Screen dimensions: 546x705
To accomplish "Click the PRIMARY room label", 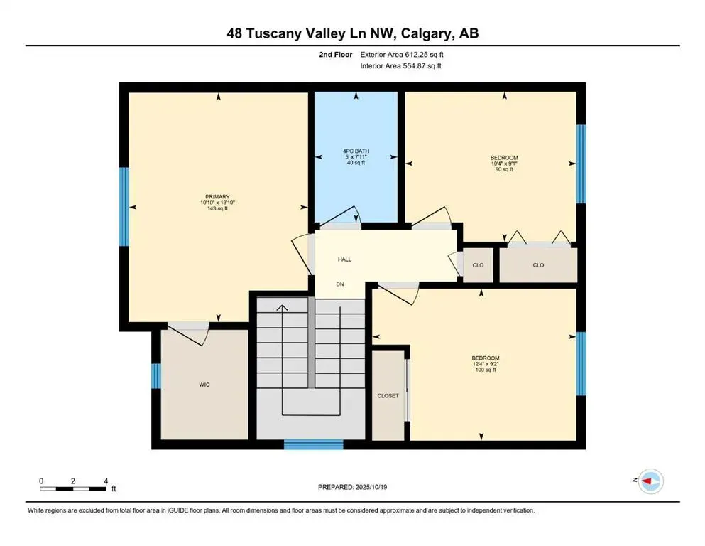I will (x=217, y=196).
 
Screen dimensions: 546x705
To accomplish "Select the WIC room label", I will (x=204, y=385).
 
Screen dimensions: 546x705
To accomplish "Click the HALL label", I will (x=344, y=259).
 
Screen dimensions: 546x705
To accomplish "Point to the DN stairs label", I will (x=340, y=284).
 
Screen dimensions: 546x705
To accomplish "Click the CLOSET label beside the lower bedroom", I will (x=388, y=396).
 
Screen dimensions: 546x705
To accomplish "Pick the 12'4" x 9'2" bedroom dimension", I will (x=486, y=365).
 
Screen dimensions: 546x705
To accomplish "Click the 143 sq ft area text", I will (x=217, y=208).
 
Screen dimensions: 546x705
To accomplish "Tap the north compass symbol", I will (x=650, y=481).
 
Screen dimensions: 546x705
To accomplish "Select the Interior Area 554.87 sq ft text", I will (x=401, y=66).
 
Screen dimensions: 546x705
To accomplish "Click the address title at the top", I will (x=352, y=33).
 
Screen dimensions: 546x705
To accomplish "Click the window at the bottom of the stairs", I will (x=313, y=445).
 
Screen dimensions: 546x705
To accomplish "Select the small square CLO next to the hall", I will (x=478, y=265).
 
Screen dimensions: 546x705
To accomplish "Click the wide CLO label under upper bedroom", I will (x=538, y=265).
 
